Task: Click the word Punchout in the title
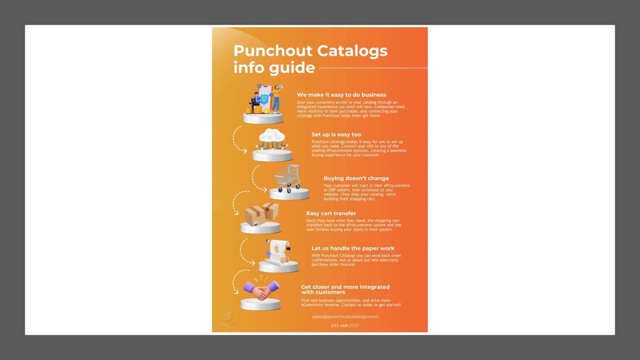274,50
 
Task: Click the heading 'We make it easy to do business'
342,95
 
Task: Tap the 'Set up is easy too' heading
336,134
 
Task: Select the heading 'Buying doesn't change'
356,178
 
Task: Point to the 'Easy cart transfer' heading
331,214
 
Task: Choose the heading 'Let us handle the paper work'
353,248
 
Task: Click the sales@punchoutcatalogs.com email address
345,316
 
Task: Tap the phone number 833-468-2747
345,326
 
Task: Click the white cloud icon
272,136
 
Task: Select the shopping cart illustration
288,178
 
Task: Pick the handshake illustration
261,290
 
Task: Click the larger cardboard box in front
254,216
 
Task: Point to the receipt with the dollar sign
276,252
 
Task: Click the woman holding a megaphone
276,98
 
